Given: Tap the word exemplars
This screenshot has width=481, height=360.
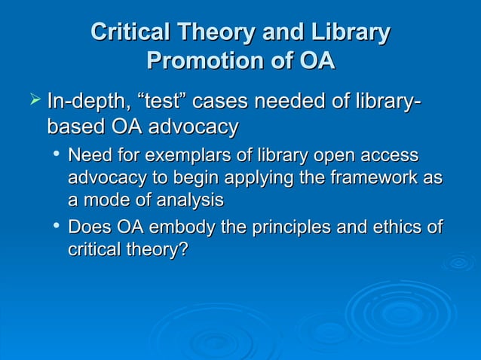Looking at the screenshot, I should point(170,156).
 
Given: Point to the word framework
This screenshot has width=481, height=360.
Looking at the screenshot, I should point(366,178).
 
